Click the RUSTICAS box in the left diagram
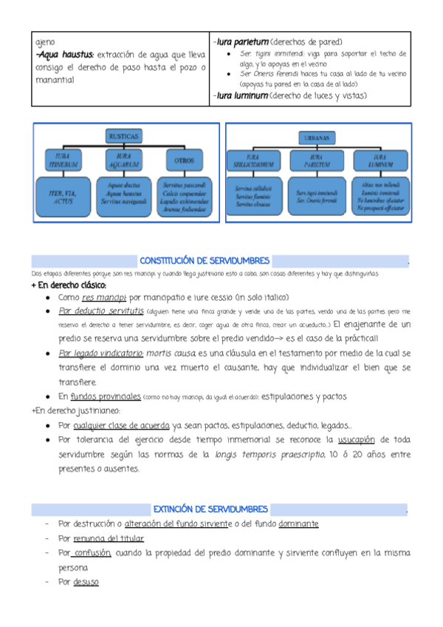(123, 138)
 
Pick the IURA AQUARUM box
(123, 160)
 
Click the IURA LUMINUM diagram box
(380, 160)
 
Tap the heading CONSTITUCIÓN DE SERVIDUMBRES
(205, 261)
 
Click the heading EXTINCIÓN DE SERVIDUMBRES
(205, 509)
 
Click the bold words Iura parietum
(241, 42)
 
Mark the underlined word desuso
(86, 582)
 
